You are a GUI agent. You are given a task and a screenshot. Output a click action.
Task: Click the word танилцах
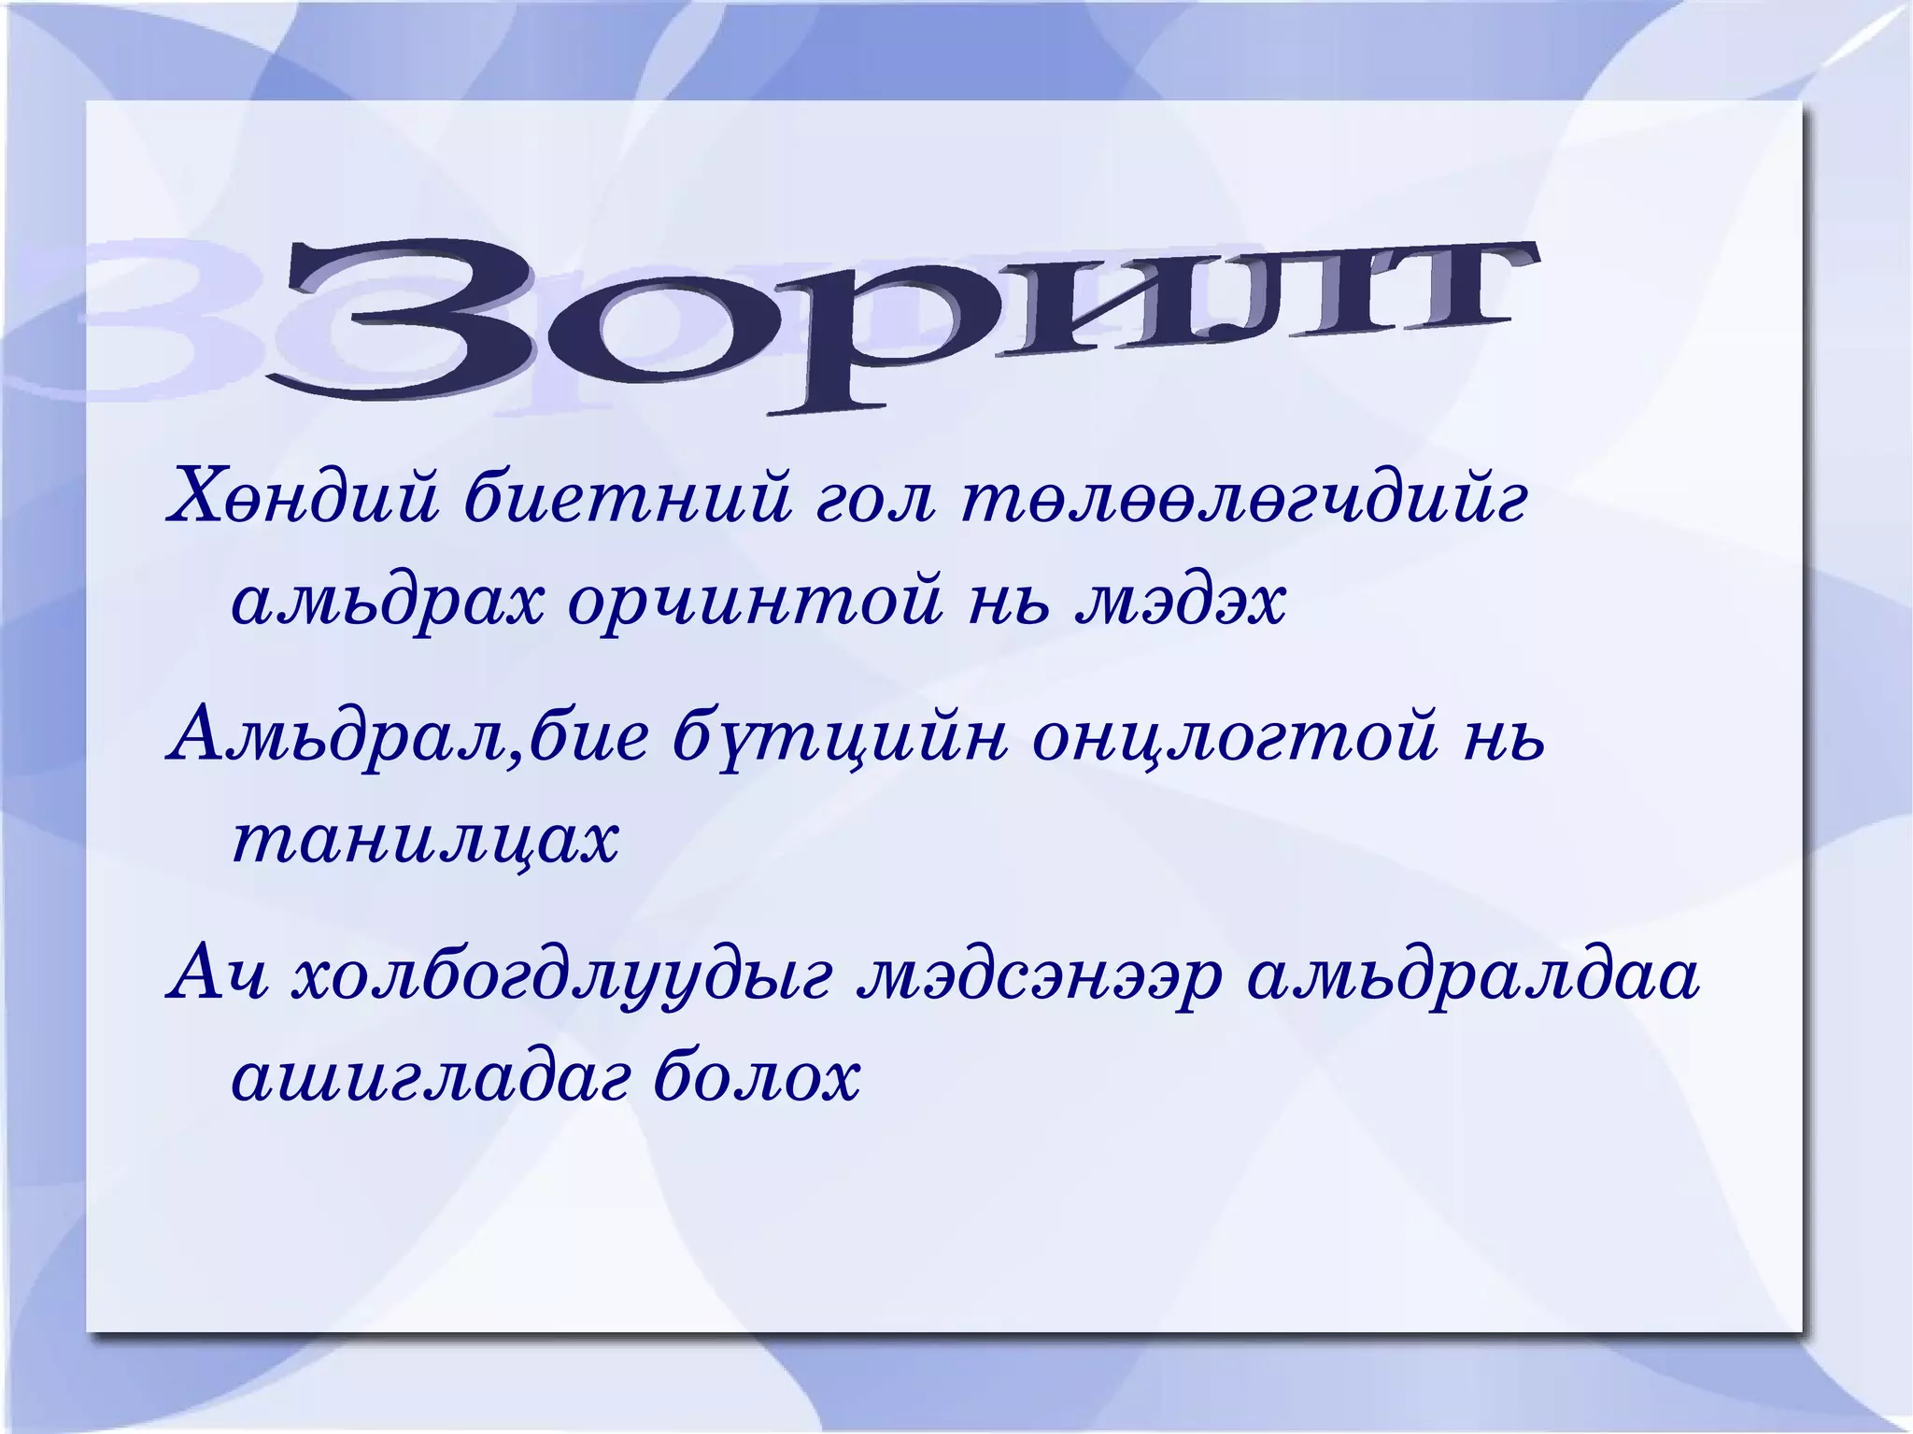[425, 840]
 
